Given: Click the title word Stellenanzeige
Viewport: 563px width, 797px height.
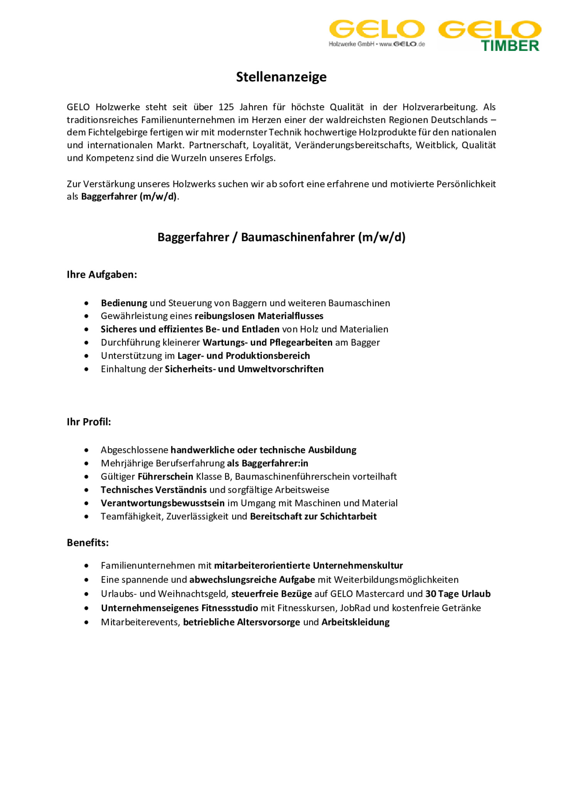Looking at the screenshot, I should tap(281, 77).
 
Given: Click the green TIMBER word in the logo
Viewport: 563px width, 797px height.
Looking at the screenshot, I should tap(510, 46).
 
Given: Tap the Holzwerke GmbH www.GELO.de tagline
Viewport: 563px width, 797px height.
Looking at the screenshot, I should tap(376, 44).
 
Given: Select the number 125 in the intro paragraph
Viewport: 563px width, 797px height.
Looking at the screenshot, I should tap(226, 107).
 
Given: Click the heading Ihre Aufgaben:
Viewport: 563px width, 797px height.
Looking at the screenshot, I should tap(102, 274).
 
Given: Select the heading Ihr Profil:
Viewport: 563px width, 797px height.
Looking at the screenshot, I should tap(89, 422).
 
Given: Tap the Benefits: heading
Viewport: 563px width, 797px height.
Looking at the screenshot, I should tap(88, 542).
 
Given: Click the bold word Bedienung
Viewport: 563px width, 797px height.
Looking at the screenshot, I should tap(124, 303).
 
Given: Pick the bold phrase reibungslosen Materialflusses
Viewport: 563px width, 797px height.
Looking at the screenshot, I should tap(259, 316).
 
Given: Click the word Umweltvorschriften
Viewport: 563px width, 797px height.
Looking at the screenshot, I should tap(280, 369).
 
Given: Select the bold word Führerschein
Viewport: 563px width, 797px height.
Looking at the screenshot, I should tap(165, 476).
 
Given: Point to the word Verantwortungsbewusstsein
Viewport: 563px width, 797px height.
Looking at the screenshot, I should tap(162, 503).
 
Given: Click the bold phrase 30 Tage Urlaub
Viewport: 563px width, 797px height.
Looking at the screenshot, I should tap(458, 594).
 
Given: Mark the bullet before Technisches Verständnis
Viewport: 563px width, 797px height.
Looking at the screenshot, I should tap(86, 490).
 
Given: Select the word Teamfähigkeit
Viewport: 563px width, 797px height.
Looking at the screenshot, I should tap(131, 516).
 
